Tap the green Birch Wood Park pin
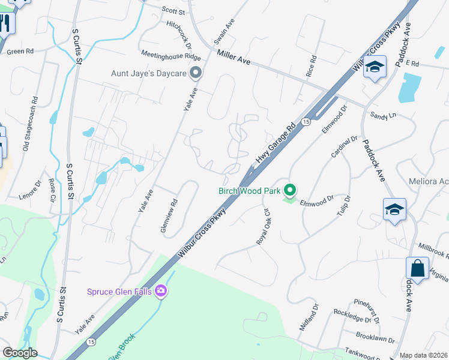pyautogui.click(x=291, y=191)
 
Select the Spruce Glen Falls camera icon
pyautogui.click(x=160, y=292)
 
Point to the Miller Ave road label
pyautogui.click(x=234, y=58)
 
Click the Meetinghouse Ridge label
pyautogui.click(x=171, y=55)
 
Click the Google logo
pyautogui.click(x=20, y=353)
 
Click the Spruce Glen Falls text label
pyautogui.click(x=119, y=292)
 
